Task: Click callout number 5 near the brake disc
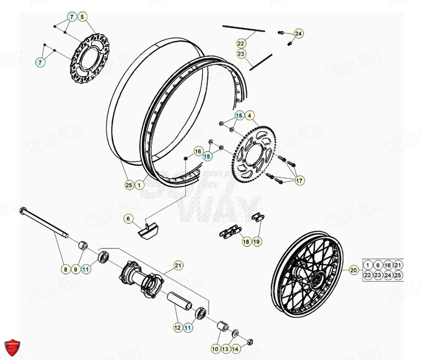pyautogui.click(x=82, y=17)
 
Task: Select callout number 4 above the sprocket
pyautogui.click(x=250, y=116)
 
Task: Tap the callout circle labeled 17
pyautogui.click(x=299, y=181)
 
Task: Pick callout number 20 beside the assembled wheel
pyautogui.click(x=354, y=270)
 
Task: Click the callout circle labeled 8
pyautogui.click(x=65, y=269)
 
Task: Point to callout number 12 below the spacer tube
pyautogui.click(x=178, y=328)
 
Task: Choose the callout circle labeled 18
pyautogui.click(x=246, y=241)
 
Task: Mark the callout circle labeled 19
pyautogui.click(x=257, y=241)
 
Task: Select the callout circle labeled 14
pyautogui.click(x=235, y=348)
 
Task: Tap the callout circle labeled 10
pyautogui.click(x=215, y=348)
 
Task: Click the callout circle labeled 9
pyautogui.click(x=75, y=269)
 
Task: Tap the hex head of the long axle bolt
pyautogui.click(x=22, y=211)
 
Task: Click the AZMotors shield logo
pyautogui.click(x=12, y=347)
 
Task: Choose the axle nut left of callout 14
pyautogui.click(x=250, y=342)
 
